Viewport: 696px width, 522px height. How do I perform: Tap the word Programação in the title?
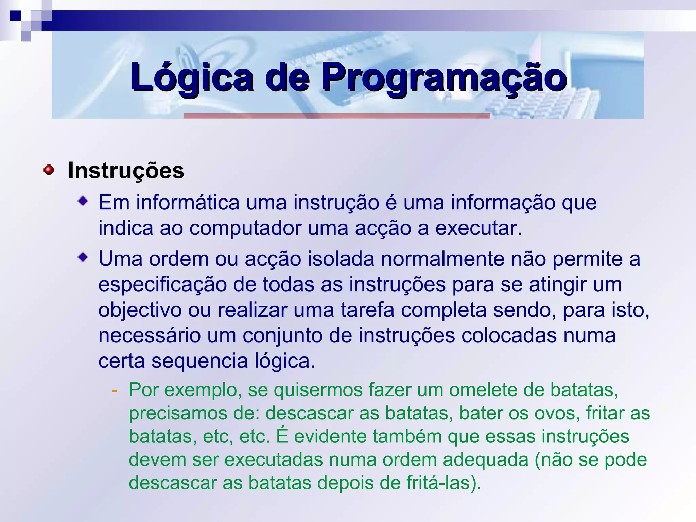point(444,77)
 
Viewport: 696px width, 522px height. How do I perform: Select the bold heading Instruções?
point(126,171)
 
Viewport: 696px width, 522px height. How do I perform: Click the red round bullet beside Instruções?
point(49,170)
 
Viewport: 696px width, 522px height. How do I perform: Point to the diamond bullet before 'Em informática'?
point(83,202)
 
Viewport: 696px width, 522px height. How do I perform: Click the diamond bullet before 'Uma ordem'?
point(83,258)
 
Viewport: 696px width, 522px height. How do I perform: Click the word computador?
point(245,228)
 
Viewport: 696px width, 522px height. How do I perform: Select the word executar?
point(478,228)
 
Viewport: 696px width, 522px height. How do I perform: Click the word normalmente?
point(443,259)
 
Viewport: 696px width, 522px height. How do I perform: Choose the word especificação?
point(162,284)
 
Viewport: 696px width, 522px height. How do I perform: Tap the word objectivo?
point(140,310)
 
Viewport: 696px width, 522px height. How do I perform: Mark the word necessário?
point(150,335)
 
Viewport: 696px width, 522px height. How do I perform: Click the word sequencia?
point(199,361)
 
